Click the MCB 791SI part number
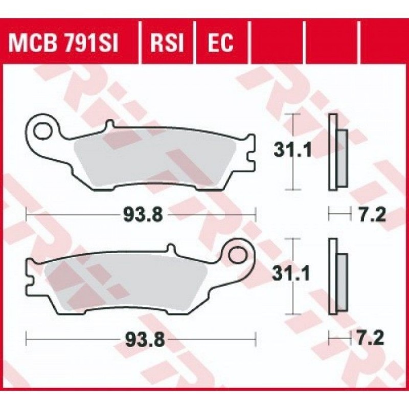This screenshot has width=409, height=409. (x=63, y=42)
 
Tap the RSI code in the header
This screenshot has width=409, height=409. (x=167, y=42)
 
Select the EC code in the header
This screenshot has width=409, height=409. (x=220, y=42)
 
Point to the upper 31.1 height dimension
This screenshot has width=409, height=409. (x=292, y=151)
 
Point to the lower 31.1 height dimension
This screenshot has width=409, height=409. (x=291, y=274)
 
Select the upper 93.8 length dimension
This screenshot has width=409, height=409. (x=143, y=215)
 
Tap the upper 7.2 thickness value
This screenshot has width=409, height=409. (x=372, y=215)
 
